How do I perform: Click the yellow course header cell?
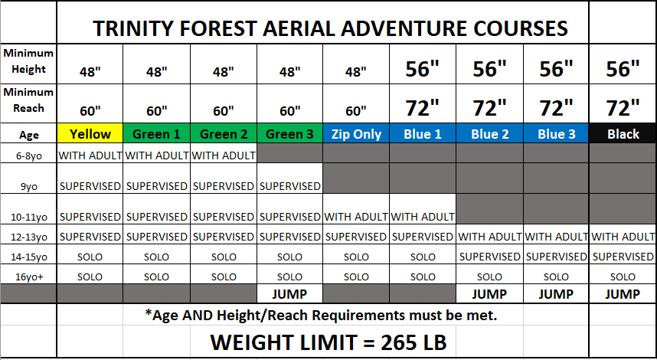(x=90, y=133)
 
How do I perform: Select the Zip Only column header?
(x=356, y=133)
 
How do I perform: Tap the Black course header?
(x=623, y=133)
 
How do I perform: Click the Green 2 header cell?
(x=224, y=133)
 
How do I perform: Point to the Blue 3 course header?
(x=556, y=133)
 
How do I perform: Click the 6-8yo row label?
(x=29, y=156)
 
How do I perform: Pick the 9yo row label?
(x=29, y=186)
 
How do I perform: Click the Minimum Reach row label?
(x=28, y=100)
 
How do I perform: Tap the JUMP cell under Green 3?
(x=289, y=294)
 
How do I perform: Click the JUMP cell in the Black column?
(x=623, y=294)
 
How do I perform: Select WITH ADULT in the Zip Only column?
(x=356, y=216)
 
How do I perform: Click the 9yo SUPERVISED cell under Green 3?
(x=290, y=185)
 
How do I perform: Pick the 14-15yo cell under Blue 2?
(x=489, y=256)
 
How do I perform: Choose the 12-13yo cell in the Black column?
(x=623, y=237)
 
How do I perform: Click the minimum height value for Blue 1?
(x=423, y=68)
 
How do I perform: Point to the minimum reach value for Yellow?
(x=90, y=110)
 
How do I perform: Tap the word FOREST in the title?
(x=218, y=28)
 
